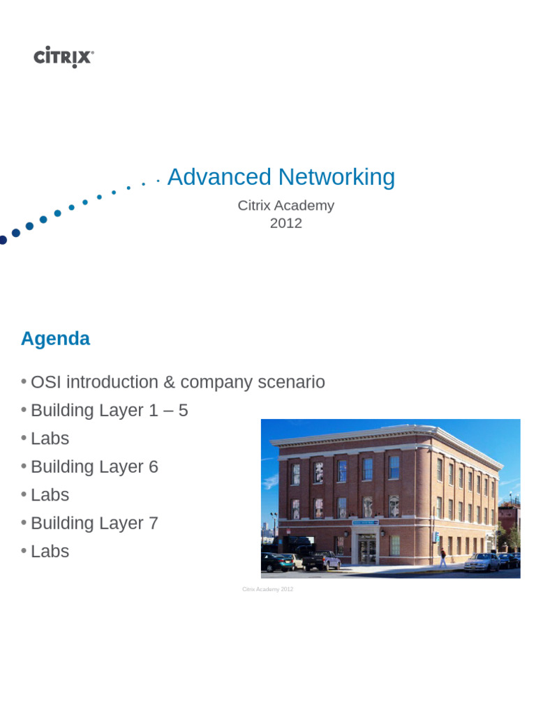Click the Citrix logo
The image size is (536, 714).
[64, 56]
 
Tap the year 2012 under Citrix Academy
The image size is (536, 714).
[286, 224]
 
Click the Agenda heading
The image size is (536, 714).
[55, 339]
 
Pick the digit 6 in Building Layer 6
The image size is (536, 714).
[154, 467]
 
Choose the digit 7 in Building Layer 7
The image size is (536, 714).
[154, 523]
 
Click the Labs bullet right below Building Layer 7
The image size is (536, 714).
[50, 552]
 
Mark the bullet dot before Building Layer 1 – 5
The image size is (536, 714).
[24, 410]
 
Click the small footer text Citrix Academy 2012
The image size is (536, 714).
[268, 589]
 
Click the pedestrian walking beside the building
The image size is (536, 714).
[442, 558]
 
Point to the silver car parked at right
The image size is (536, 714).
[482, 561]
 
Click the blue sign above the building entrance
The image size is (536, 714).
[364, 522]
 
